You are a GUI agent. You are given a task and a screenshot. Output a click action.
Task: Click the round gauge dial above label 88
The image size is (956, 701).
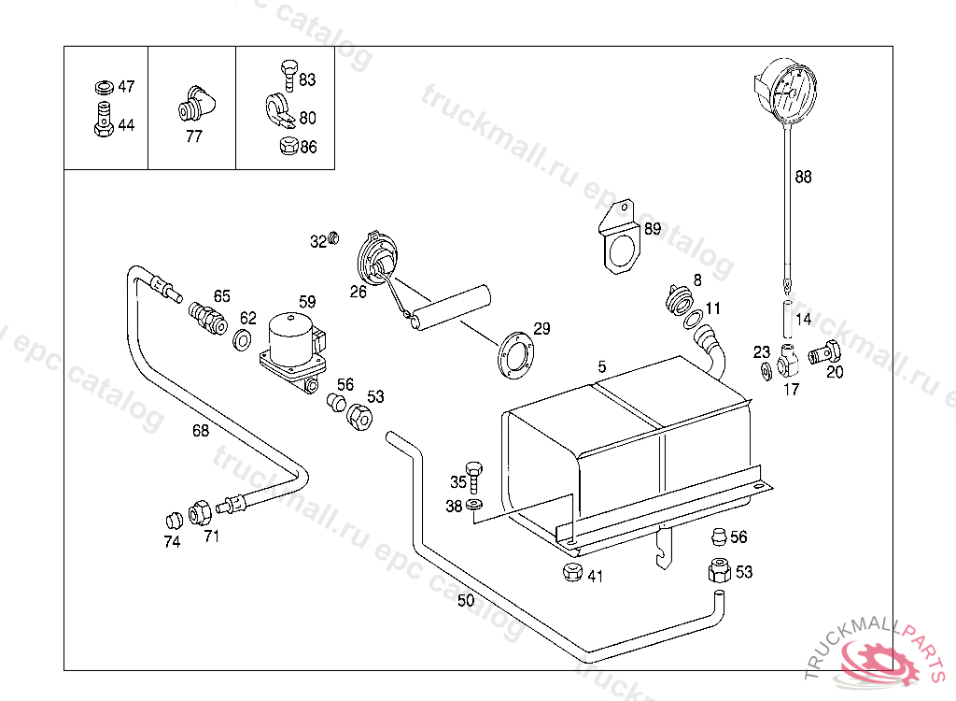coord(786,91)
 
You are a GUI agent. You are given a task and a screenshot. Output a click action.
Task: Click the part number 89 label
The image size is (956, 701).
coord(652,228)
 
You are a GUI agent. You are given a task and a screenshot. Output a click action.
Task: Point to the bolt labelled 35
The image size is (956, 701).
coord(474,475)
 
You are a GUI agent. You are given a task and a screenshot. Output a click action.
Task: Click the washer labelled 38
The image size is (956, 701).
coord(474,506)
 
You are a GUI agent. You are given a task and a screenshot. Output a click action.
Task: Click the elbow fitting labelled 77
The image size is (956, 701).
coord(196,105)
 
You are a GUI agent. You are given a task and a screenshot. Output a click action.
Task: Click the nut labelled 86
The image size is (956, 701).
coord(288,146)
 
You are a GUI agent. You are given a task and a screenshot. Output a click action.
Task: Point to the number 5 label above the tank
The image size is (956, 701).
coord(602,367)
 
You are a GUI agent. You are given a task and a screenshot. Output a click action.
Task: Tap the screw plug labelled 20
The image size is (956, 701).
coord(823,354)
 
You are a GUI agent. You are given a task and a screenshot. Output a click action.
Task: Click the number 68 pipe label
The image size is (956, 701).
coord(201,430)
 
